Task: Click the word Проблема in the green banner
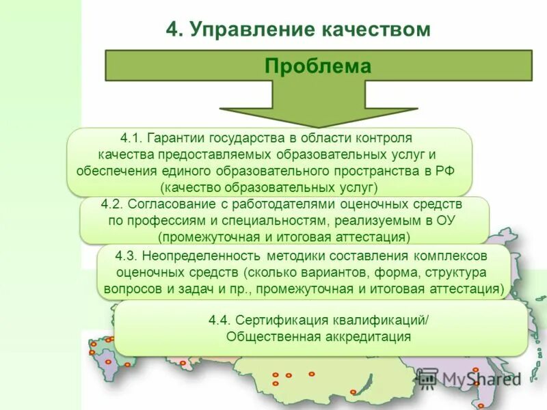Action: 318,66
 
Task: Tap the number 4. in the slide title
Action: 175,29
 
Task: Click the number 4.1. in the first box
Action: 132,138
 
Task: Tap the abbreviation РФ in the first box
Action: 444,170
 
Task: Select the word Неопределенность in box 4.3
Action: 202,256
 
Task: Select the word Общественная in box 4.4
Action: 266,336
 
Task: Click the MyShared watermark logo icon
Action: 427,378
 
